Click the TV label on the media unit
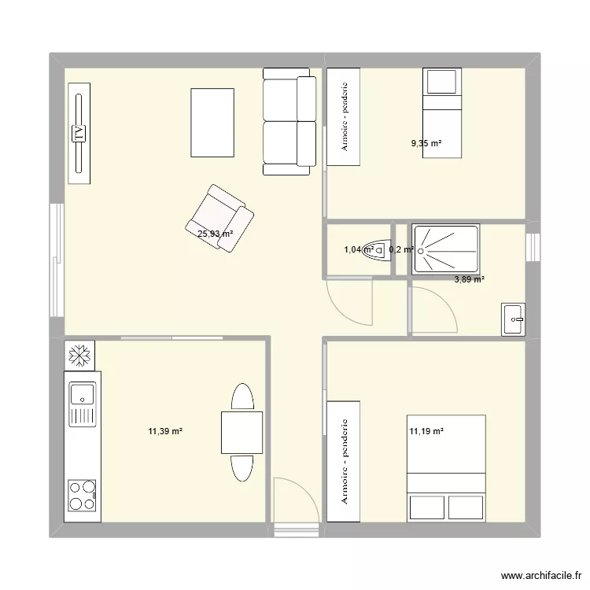tap(79, 134)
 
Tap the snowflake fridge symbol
tap(79, 356)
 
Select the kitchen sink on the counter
tap(82, 393)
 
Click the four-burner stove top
tap(82, 496)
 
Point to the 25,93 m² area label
tap(215, 234)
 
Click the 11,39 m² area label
tap(165, 430)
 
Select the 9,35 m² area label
tap(426, 143)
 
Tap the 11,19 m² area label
tap(426, 430)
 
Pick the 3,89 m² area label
tap(469, 278)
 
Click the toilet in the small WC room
tap(384, 250)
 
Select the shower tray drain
tap(421, 251)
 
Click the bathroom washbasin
tap(514, 319)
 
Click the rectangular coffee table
tap(212, 123)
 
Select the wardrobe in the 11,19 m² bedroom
tap(344, 461)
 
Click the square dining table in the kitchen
tap(242, 432)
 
